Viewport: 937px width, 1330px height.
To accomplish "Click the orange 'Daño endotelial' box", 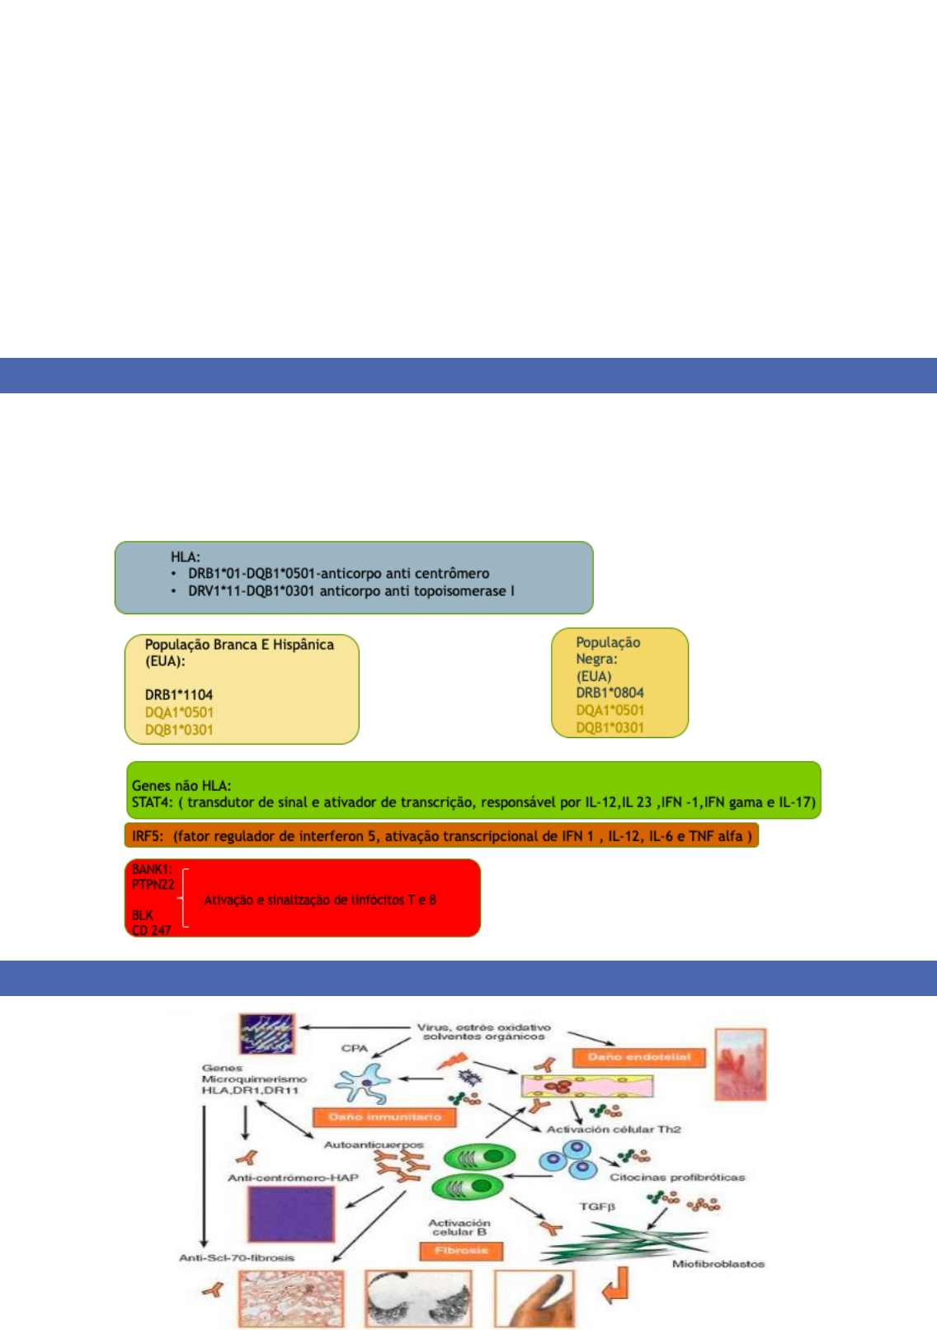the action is click(639, 1057).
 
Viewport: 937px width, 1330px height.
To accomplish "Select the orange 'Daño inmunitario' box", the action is click(384, 1117).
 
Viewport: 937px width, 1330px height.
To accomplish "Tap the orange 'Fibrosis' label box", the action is click(461, 1251).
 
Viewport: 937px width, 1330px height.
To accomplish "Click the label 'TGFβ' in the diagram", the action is click(597, 1206).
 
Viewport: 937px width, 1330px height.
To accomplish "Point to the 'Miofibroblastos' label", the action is click(718, 1264).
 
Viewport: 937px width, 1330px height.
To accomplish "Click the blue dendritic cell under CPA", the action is click(364, 1083).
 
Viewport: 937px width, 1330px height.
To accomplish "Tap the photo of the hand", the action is click(534, 1299).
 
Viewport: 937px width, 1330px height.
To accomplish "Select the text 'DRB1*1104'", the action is click(179, 695).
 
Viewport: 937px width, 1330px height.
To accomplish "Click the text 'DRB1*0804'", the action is click(610, 693).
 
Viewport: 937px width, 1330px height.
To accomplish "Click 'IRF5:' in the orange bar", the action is click(149, 836).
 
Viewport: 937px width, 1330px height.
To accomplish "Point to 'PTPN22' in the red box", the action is click(153, 885).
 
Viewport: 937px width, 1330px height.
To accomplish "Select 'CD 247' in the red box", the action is click(152, 930).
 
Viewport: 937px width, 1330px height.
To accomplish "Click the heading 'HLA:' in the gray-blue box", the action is click(186, 557).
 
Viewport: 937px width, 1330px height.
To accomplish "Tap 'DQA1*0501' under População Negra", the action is click(610, 710).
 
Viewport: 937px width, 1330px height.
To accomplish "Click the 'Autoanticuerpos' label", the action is click(374, 1145).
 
